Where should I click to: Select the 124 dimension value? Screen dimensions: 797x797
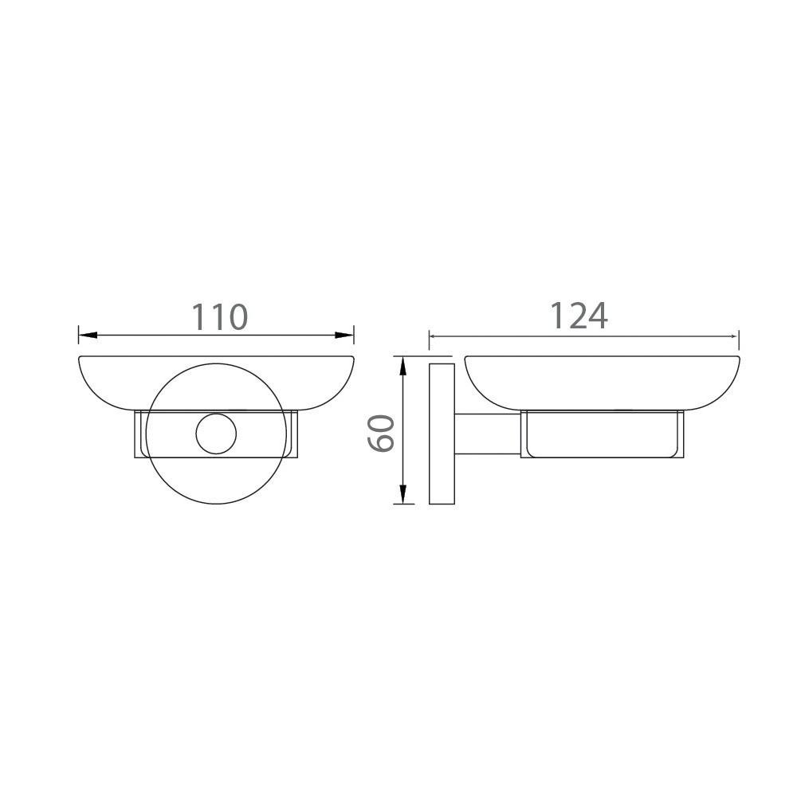pyautogui.click(x=579, y=316)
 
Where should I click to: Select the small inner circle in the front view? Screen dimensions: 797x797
pyautogui.click(x=217, y=434)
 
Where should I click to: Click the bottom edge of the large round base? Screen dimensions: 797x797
pyautogui.click(x=217, y=504)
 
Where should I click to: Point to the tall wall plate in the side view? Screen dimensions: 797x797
pyautogui.click(x=441, y=434)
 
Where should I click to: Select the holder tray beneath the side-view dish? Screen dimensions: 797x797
pyautogui.click(x=603, y=437)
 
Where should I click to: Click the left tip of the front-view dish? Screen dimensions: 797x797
pyautogui.click(x=80, y=358)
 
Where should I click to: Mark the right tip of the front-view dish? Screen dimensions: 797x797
pyautogui.click(x=353, y=358)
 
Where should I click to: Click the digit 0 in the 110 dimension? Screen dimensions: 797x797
pyautogui.click(x=236, y=317)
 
